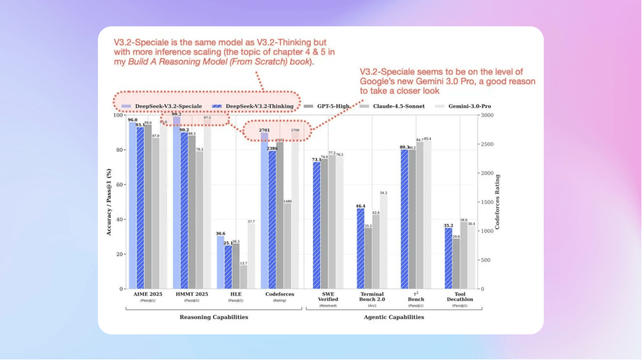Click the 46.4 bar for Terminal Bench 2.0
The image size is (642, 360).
361,248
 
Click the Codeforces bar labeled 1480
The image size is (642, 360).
287,246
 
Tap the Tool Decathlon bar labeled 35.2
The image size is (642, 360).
449,258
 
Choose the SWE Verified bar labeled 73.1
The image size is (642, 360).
316,225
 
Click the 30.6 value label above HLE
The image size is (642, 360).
220,233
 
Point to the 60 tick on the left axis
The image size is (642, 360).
119,185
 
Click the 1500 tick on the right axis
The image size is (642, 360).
487,202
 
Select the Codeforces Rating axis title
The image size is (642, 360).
498,202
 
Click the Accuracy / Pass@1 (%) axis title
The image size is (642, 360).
109,202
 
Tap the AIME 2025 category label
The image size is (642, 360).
147,294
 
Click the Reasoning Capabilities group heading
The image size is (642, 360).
214,317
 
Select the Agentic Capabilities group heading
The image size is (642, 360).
394,317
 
